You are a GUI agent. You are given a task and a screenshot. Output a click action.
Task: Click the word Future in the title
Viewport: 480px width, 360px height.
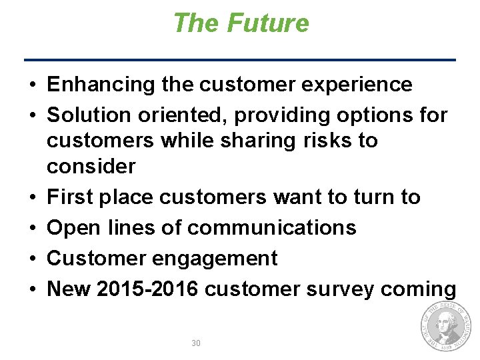(x=268, y=23)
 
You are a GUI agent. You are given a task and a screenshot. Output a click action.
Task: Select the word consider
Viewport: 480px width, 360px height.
(x=91, y=167)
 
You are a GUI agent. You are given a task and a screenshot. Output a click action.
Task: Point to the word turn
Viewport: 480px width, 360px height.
(x=372, y=197)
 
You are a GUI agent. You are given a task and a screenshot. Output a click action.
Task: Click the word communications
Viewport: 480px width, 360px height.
(x=272, y=227)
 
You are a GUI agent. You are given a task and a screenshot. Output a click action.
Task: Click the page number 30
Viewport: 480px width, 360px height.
(x=196, y=343)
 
